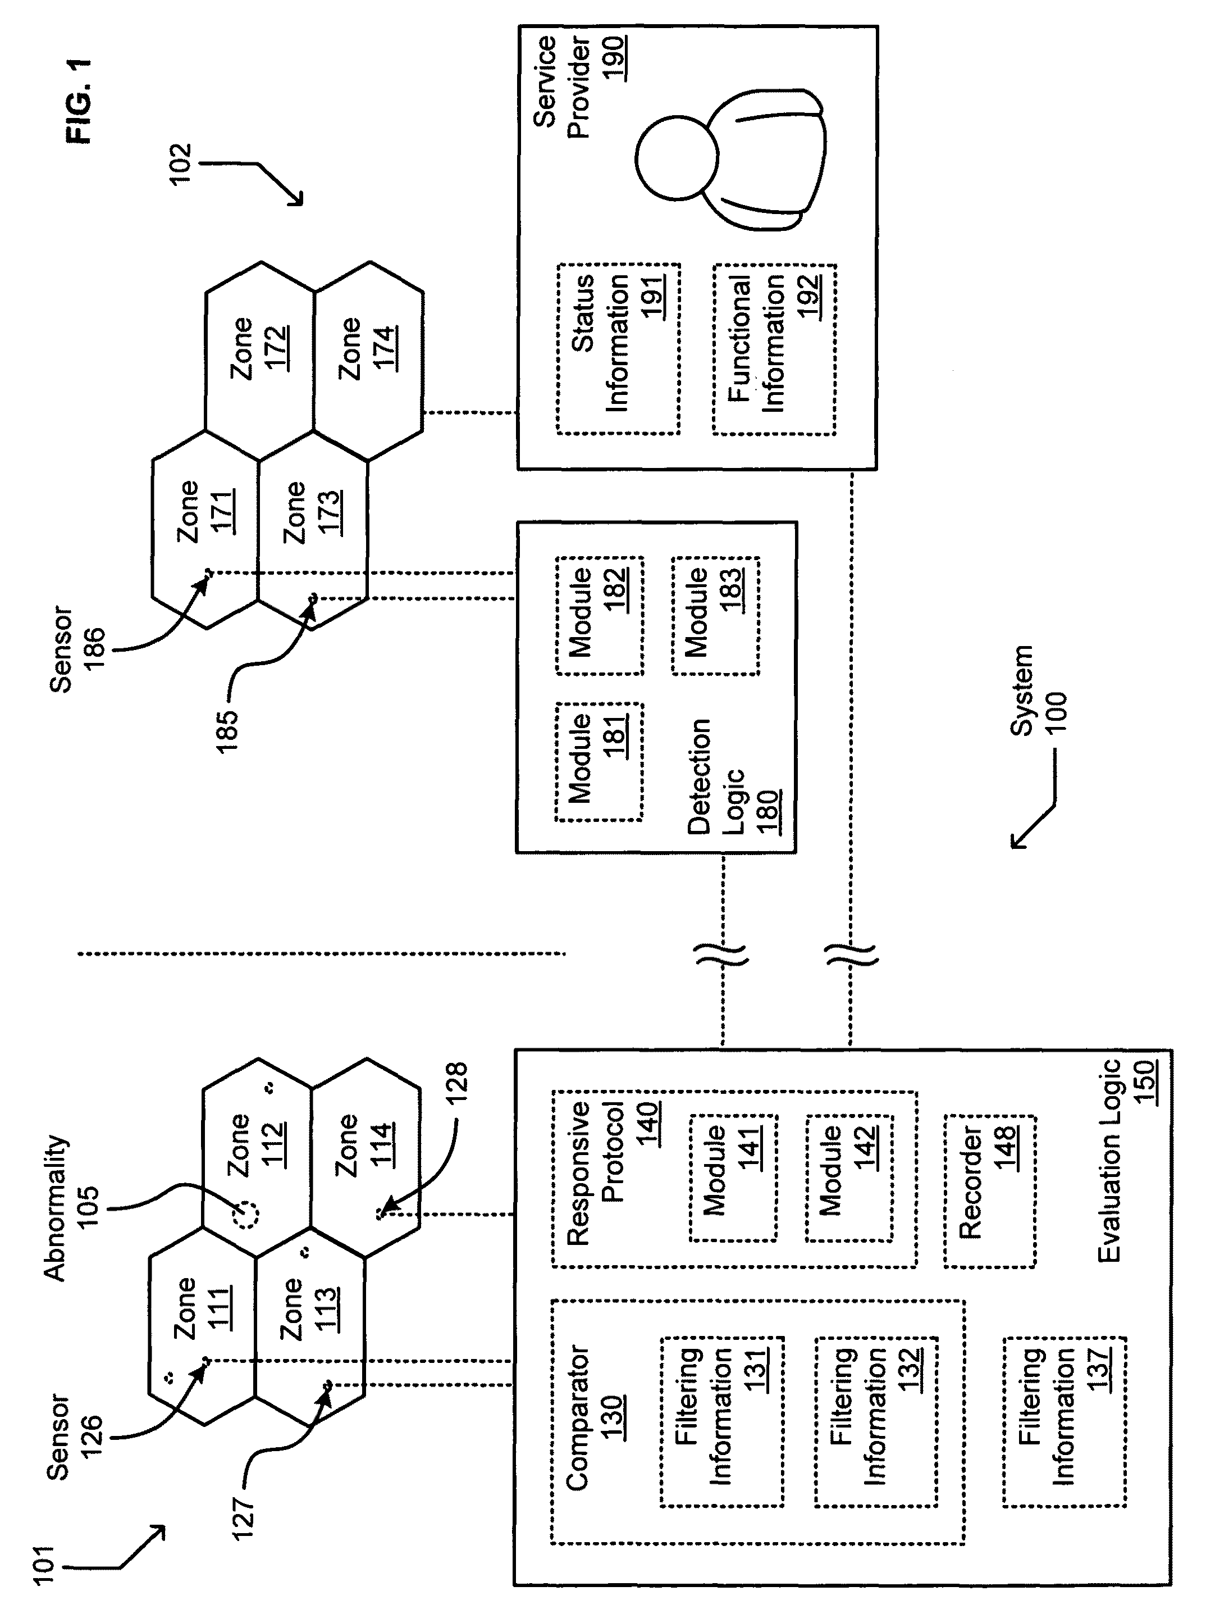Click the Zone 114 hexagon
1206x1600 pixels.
(365, 1145)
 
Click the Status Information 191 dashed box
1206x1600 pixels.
(618, 349)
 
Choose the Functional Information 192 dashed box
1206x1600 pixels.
(774, 349)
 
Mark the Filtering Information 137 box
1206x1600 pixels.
(1063, 1421)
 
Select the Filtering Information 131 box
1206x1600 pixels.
(721, 1421)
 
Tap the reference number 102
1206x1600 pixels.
(180, 165)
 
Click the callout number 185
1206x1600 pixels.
(227, 731)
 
